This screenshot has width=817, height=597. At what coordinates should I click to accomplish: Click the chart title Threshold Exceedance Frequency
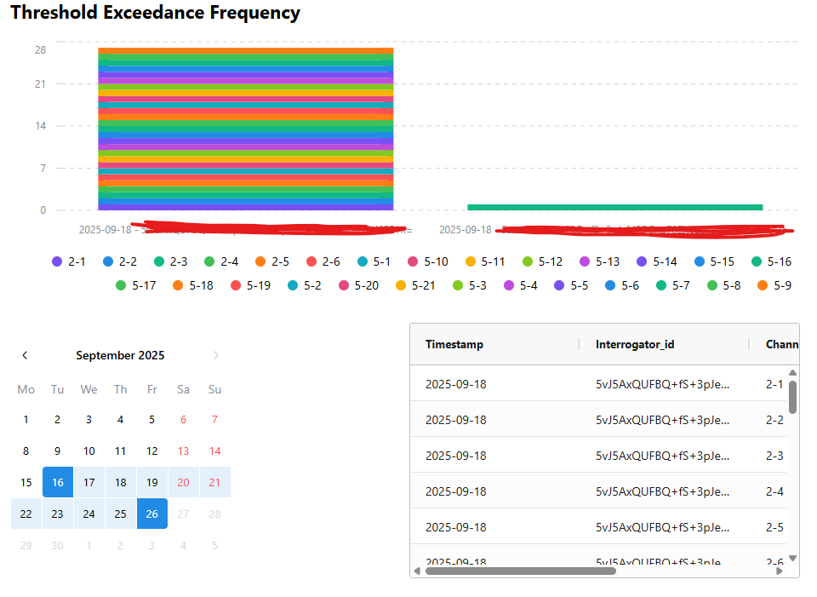tap(155, 13)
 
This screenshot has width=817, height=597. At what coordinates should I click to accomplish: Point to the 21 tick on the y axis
tap(40, 83)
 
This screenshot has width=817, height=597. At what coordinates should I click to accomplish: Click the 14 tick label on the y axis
tap(40, 126)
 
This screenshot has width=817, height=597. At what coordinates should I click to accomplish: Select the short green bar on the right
tap(614, 207)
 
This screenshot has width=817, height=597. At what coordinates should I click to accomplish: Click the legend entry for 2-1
tap(69, 262)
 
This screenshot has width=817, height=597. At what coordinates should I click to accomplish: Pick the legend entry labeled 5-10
tap(427, 262)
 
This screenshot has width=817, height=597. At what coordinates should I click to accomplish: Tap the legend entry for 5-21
tap(415, 285)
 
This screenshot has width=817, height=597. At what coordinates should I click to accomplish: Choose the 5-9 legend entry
tap(773, 285)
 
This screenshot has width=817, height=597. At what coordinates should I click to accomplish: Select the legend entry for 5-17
tap(135, 285)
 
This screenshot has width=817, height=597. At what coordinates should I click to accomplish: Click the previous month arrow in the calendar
tap(26, 355)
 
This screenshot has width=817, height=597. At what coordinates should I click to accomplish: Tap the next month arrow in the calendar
tap(215, 355)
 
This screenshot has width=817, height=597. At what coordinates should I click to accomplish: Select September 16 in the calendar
tap(57, 482)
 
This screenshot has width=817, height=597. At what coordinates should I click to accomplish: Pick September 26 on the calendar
tap(152, 514)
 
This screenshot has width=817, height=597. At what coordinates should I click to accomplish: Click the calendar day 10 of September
tap(89, 451)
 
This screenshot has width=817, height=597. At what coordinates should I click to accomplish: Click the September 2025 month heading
tap(120, 355)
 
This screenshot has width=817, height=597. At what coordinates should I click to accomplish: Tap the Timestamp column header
tap(454, 344)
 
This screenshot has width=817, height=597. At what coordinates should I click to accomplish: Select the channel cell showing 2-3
tap(774, 456)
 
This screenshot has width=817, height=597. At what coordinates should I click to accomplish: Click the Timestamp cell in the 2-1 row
tap(456, 384)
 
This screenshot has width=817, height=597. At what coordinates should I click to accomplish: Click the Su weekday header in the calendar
tap(214, 389)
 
